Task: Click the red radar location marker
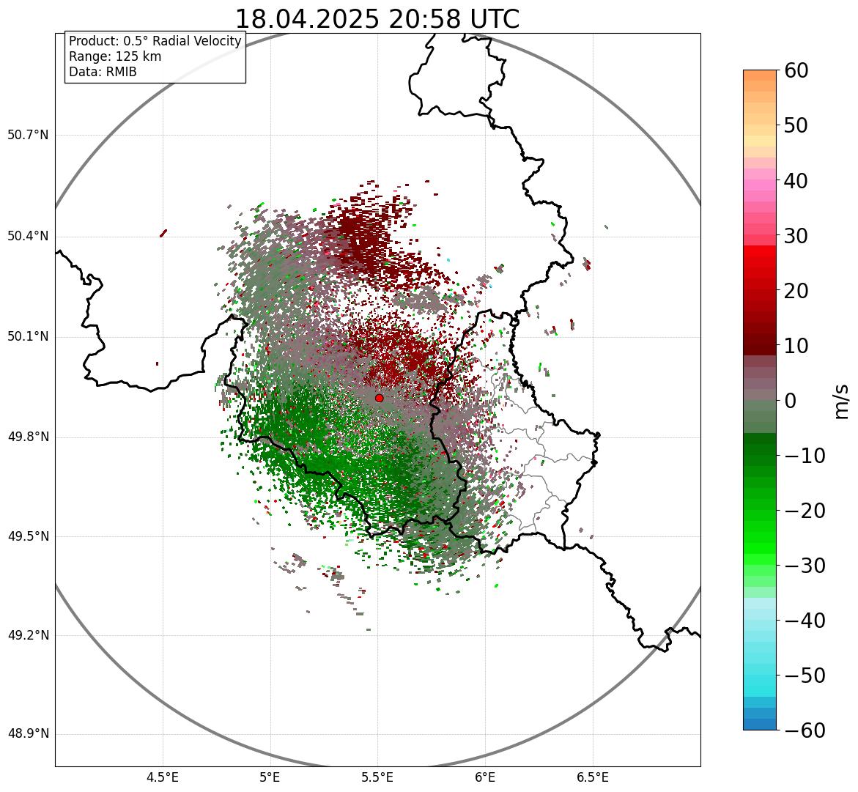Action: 379,398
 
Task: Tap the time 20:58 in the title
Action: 417,20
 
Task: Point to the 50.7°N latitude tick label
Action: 28,136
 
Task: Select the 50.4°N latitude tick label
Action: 28,237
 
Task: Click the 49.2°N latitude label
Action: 28,635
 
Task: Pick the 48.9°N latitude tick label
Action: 28,734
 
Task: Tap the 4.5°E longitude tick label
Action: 163,777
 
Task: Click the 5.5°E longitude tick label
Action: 378,777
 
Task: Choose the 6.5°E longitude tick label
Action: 593,777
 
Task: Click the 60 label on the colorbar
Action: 797,71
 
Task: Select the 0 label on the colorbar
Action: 791,401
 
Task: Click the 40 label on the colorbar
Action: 797,181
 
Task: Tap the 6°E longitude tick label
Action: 485,777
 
